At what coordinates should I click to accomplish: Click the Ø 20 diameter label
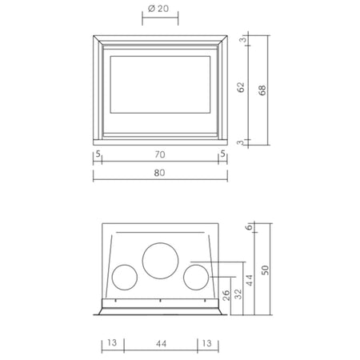pos(158,9)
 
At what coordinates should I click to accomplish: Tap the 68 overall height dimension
pos(262,90)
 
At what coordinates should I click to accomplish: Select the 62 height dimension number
pos(241,87)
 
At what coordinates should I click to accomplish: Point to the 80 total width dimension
pos(159,173)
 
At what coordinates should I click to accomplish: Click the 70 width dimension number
pos(160,154)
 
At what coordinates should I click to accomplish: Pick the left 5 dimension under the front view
pos(98,154)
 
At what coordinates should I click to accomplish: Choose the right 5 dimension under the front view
pos(223,154)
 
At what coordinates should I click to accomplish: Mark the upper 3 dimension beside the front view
pos(242,40)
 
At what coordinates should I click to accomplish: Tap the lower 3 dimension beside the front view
pos(241,142)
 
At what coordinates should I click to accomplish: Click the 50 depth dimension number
pos(266,270)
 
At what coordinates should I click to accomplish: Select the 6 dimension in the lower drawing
pos(249,227)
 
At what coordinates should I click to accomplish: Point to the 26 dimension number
pos(226,295)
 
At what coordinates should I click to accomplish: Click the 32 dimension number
pos(238,294)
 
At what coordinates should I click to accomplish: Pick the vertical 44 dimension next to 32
pos(250,280)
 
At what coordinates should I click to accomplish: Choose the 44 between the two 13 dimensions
pos(162,343)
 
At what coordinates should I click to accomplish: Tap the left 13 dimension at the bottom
pos(112,342)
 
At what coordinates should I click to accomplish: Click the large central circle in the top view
pos(160,243)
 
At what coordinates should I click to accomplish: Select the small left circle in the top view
pos(125,265)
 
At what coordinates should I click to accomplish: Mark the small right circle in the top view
pos(196,265)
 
